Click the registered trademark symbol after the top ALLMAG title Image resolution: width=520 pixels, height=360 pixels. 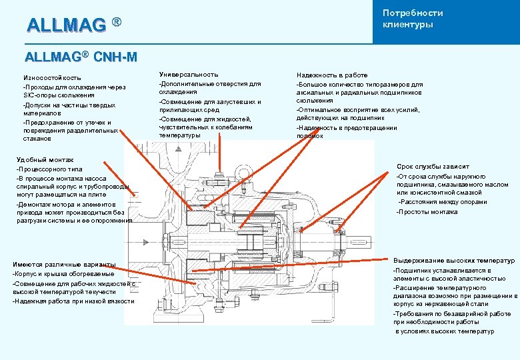click(x=117, y=23)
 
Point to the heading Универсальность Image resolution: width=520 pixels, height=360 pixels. click(x=188, y=75)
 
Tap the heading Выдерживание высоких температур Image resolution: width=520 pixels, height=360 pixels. click(x=453, y=261)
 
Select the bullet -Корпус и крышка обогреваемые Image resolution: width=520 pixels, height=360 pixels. click(x=63, y=274)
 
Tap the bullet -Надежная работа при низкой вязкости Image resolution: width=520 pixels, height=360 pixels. click(x=73, y=301)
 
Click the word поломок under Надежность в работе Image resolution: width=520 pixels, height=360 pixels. click(x=309, y=136)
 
